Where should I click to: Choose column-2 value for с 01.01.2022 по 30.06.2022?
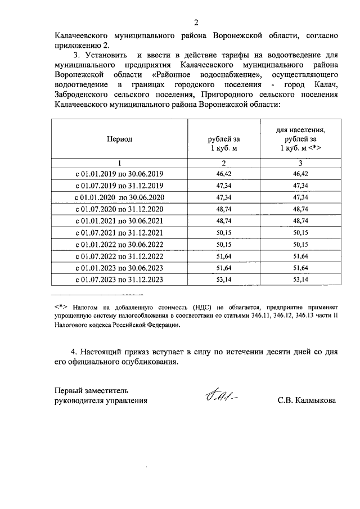click(x=224, y=245)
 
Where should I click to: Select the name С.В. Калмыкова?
click(x=307, y=401)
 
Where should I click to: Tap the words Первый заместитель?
click(x=92, y=390)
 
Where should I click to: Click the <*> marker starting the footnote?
click(x=61, y=308)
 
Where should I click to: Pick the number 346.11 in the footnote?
click(x=263, y=316)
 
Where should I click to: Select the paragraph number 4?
click(x=74, y=352)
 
